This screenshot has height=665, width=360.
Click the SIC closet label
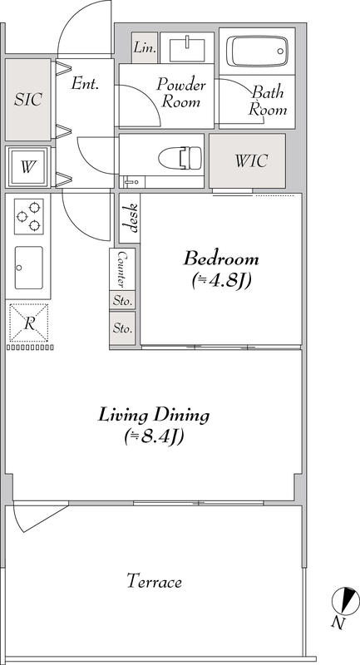click(28, 99)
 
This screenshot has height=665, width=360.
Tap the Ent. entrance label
click(85, 83)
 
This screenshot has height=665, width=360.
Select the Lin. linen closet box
click(145, 47)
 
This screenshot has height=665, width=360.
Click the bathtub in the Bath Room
click(258, 51)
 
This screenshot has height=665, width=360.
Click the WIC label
click(251, 160)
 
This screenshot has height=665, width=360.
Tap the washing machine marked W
click(28, 167)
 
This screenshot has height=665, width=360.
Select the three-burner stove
click(29, 216)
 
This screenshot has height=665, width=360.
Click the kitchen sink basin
click(29, 268)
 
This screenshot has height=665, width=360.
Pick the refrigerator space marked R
click(29, 323)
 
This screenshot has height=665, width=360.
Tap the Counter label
click(122, 268)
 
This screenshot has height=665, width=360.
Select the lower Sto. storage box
click(122, 328)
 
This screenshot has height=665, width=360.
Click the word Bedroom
click(221, 259)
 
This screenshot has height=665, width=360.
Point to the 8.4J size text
click(154, 436)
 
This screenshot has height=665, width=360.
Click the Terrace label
click(155, 580)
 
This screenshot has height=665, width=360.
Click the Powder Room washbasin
click(187, 51)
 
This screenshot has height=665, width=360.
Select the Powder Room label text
click(181, 92)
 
